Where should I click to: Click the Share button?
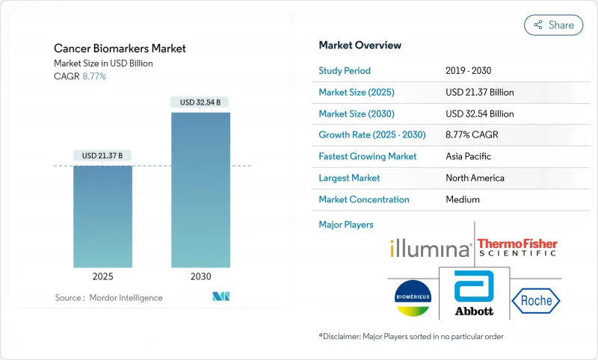(554, 25)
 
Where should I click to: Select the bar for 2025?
(102, 217)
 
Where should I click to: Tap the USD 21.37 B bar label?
(102, 155)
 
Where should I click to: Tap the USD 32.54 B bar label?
(200, 102)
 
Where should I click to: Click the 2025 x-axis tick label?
(102, 276)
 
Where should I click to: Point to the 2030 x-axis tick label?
(200, 276)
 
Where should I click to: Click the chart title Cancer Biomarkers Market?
(120, 49)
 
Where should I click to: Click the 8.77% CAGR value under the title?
(93, 76)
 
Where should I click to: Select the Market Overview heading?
(360, 45)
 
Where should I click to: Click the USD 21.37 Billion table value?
(479, 93)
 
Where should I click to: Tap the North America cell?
(475, 178)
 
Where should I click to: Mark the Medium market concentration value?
(463, 199)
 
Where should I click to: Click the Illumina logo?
(431, 248)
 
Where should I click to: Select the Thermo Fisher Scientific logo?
(517, 246)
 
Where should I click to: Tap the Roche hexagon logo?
(535, 300)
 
